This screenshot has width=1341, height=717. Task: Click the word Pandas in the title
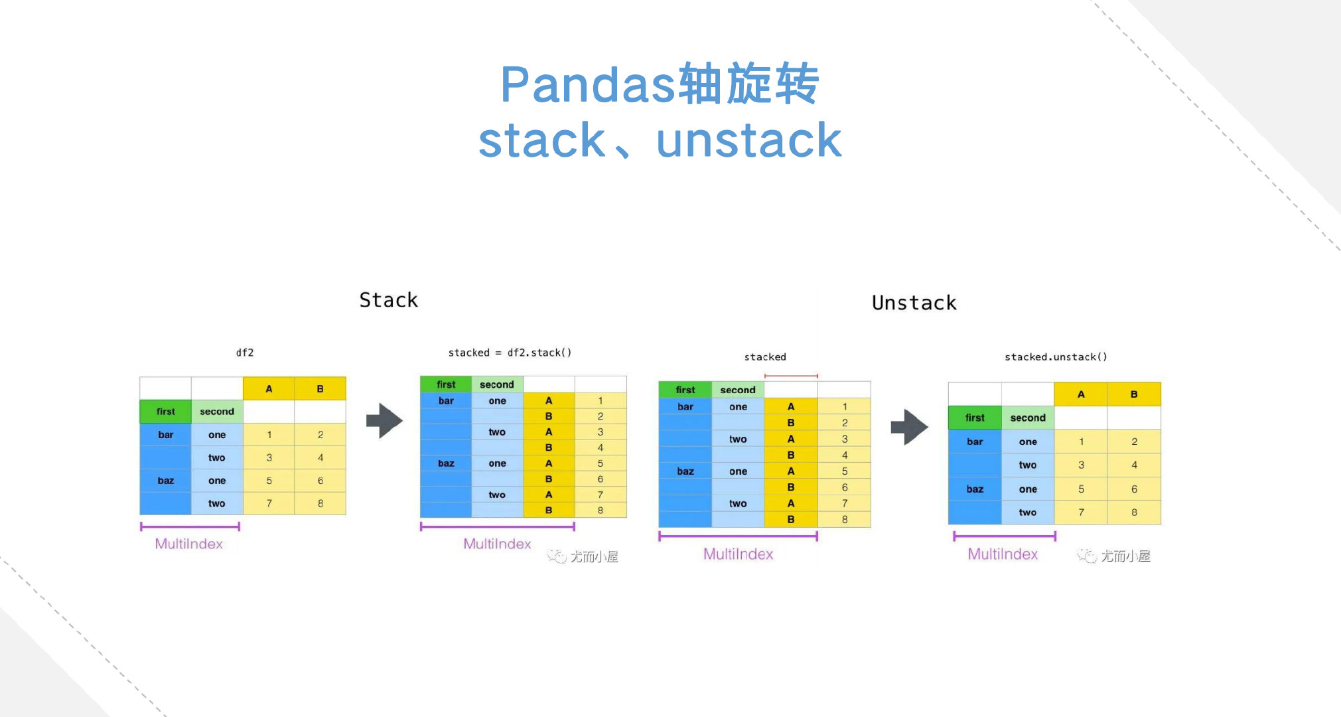[x=587, y=85]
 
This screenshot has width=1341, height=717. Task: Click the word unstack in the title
[x=748, y=141]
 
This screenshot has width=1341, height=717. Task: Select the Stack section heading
[x=388, y=300]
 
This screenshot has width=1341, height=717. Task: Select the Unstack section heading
[x=914, y=303]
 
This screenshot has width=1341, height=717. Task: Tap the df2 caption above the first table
[x=245, y=353]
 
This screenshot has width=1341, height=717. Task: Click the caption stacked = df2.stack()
[x=510, y=353]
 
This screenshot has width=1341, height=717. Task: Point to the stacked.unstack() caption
[x=1055, y=357]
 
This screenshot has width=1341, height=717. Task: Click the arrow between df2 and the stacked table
[x=385, y=420]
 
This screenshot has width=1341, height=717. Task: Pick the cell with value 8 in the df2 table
[x=320, y=503]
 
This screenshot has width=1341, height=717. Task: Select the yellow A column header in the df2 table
[x=269, y=389]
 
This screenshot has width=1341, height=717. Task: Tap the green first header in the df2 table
[x=165, y=412]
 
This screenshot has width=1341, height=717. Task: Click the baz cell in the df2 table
[x=165, y=481]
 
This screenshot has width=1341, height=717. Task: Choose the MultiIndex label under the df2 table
[x=188, y=544]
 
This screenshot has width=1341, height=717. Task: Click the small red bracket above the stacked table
[x=791, y=376]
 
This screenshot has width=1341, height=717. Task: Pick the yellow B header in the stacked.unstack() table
[x=1134, y=394]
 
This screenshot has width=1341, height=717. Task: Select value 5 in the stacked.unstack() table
[x=1081, y=489]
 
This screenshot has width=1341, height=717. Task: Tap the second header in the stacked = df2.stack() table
[x=497, y=384]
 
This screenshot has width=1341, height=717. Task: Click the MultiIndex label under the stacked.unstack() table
[x=1002, y=554]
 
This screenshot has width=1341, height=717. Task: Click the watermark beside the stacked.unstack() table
[x=1115, y=556]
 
